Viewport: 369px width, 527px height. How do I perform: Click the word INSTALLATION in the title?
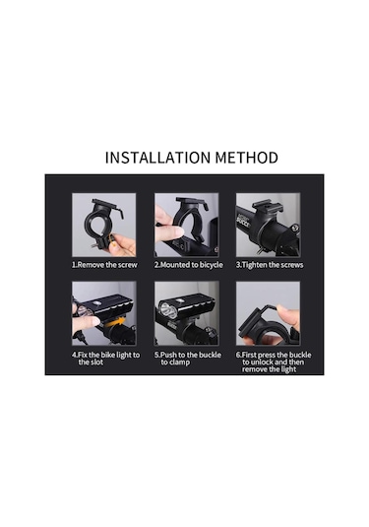pyautogui.click(x=158, y=158)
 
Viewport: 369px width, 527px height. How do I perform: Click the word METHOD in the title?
pyautogui.click(x=247, y=158)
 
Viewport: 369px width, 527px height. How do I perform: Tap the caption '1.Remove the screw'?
pyautogui.click(x=104, y=265)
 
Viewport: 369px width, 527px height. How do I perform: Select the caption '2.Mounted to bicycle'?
pyautogui.click(x=188, y=265)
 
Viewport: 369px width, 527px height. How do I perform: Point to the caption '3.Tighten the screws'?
pyautogui.click(x=270, y=265)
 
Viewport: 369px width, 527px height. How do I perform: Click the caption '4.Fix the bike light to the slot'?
pyautogui.click(x=105, y=359)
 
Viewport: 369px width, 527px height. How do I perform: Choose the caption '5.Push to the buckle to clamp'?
pyautogui.click(x=188, y=359)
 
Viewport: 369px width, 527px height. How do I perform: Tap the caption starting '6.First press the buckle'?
pyautogui.click(x=274, y=362)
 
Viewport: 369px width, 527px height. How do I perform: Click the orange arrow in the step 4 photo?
pyautogui.click(x=114, y=323)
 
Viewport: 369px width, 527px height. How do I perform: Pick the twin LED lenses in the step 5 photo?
pyautogui.click(x=168, y=310)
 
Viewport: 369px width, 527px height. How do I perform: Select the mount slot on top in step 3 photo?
pyautogui.click(x=268, y=206)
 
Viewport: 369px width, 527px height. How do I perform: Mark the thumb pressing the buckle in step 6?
pyautogui.click(x=288, y=315)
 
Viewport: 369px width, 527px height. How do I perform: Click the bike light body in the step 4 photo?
pyautogui.click(x=105, y=306)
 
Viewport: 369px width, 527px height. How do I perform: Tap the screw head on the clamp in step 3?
pyautogui.click(x=294, y=228)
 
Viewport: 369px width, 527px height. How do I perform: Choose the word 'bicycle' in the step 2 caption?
pyautogui.click(x=212, y=265)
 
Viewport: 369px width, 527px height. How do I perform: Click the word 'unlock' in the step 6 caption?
pyautogui.click(x=262, y=362)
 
